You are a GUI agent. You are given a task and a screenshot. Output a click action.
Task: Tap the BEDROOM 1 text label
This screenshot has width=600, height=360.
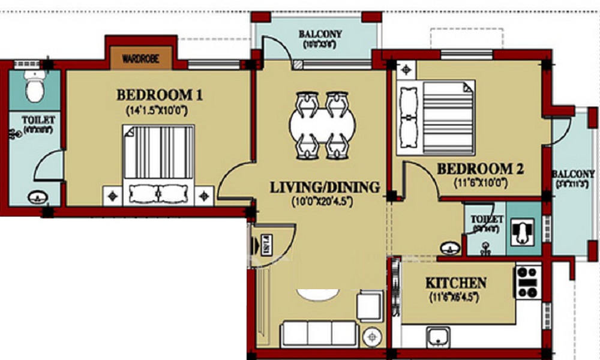(160, 95)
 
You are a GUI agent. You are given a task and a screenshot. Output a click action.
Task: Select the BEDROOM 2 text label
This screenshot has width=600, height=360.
(480, 169)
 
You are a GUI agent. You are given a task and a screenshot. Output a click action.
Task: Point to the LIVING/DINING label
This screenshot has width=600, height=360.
(325, 187)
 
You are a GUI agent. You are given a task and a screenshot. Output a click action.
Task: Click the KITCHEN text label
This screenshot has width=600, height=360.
(456, 283)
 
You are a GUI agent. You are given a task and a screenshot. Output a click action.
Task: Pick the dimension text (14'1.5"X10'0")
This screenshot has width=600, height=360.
(159, 110)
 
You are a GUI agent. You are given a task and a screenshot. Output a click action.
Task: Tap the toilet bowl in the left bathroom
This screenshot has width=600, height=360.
(35, 87)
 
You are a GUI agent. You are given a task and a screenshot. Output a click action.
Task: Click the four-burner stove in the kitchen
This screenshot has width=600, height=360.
(528, 281)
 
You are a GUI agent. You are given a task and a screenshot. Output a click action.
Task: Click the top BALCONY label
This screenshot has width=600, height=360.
(320, 34)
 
